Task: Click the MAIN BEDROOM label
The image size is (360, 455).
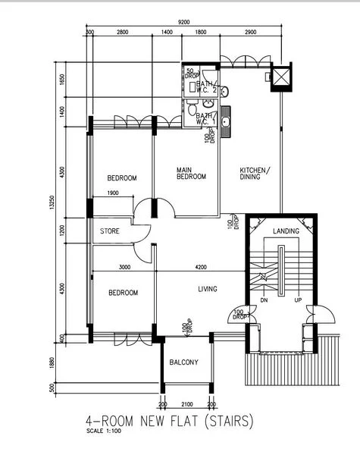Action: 191,173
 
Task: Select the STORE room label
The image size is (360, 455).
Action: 110,231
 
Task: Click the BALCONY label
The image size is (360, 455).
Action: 184,362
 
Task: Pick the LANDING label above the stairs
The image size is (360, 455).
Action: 286,231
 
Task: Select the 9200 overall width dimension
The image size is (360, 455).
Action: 184,23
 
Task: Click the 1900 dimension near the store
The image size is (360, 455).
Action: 112,193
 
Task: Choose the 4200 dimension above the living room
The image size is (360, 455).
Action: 200,267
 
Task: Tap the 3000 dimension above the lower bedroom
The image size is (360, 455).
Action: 125,267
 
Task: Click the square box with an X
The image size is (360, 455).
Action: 280,77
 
